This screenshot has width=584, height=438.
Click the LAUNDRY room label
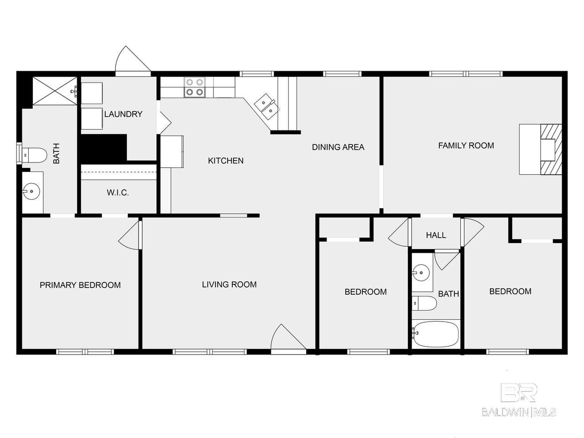click(123, 115)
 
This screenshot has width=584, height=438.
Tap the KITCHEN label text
click(226, 161)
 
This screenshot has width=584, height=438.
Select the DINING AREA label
click(338, 147)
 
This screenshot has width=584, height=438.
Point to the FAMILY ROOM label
click(466, 146)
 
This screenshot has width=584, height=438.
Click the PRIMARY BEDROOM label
click(80, 285)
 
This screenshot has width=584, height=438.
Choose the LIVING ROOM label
click(229, 285)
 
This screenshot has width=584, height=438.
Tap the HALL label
click(436, 235)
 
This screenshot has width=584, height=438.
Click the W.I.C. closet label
click(118, 193)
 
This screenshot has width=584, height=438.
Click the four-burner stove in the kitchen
click(195, 87)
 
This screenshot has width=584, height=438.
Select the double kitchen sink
click(266, 107)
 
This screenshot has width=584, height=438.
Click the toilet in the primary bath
click(34, 155)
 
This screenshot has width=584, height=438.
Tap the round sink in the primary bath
click(31, 191)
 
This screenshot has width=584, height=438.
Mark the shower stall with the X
click(55, 91)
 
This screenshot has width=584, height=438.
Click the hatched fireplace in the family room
click(551, 149)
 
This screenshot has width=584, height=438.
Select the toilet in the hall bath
click(424, 303)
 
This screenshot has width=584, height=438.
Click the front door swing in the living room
click(288, 337)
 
